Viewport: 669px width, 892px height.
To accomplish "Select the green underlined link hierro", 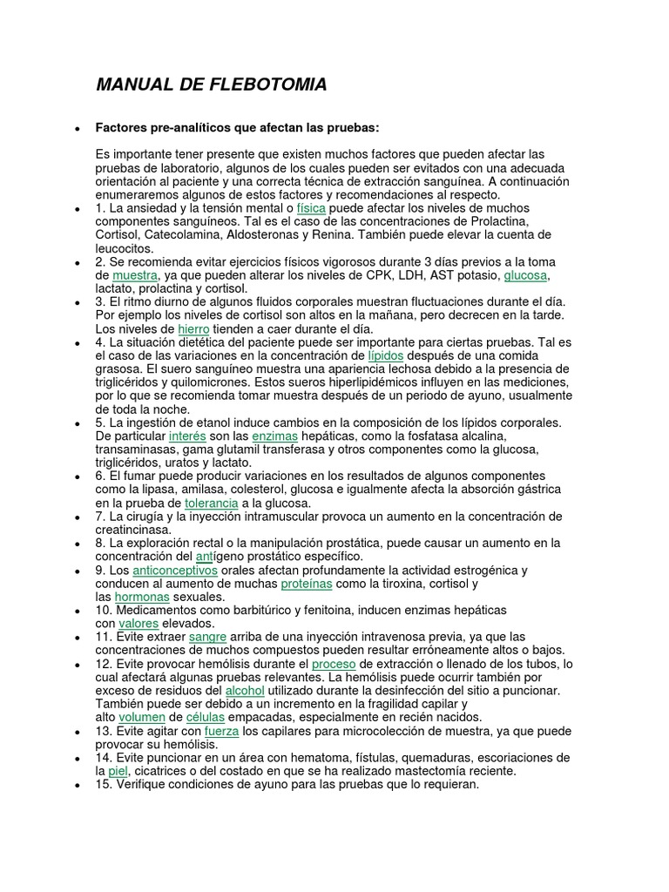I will [193, 329].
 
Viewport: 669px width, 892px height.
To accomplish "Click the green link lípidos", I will [387, 355].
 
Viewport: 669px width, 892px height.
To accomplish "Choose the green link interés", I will [187, 436].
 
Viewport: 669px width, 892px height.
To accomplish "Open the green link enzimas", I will [275, 436].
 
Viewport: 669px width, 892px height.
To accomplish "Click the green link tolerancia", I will [212, 503].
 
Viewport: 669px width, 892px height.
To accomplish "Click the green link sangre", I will [207, 637].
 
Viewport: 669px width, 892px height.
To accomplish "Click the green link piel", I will [118, 771].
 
